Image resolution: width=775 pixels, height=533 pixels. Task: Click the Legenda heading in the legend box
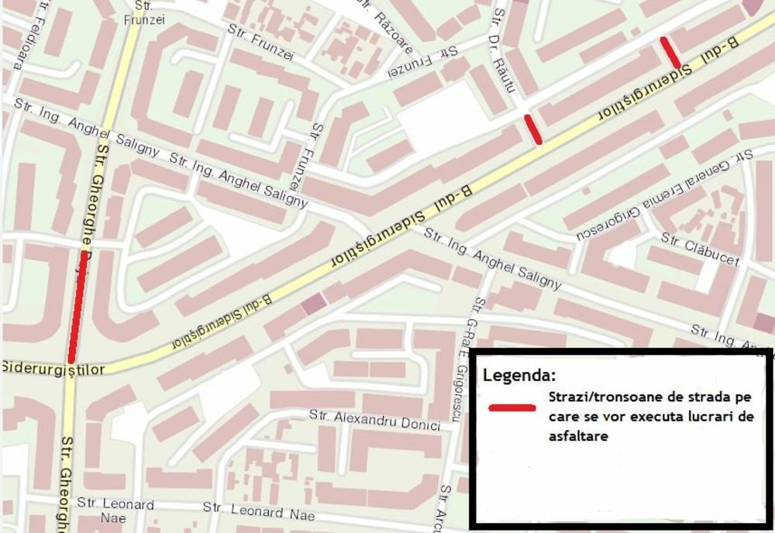tap(518, 376)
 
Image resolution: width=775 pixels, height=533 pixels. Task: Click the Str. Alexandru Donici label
tap(374, 419)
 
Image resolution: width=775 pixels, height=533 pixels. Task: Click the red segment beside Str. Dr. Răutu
tap(532, 129)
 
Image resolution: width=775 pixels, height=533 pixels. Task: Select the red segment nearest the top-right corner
tap(670, 52)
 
